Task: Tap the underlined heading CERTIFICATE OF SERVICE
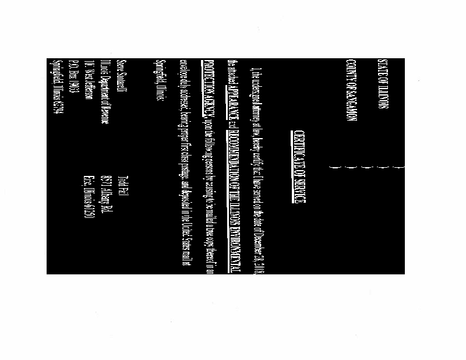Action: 299,167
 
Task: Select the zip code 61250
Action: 89,213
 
